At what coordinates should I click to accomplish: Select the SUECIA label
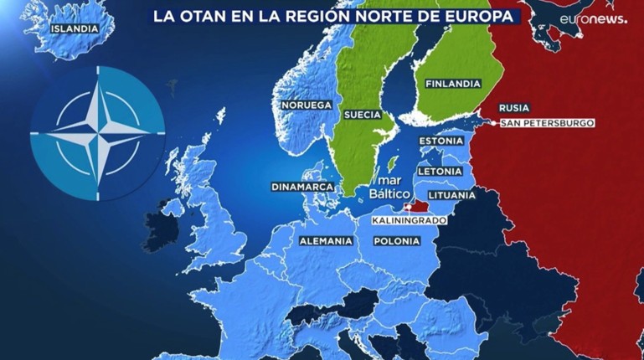(363, 114)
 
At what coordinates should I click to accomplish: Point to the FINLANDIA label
(452, 84)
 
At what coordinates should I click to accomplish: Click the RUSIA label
(513, 108)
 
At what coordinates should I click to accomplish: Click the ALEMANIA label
(326, 240)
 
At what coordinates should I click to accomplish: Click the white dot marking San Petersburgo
(497, 123)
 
